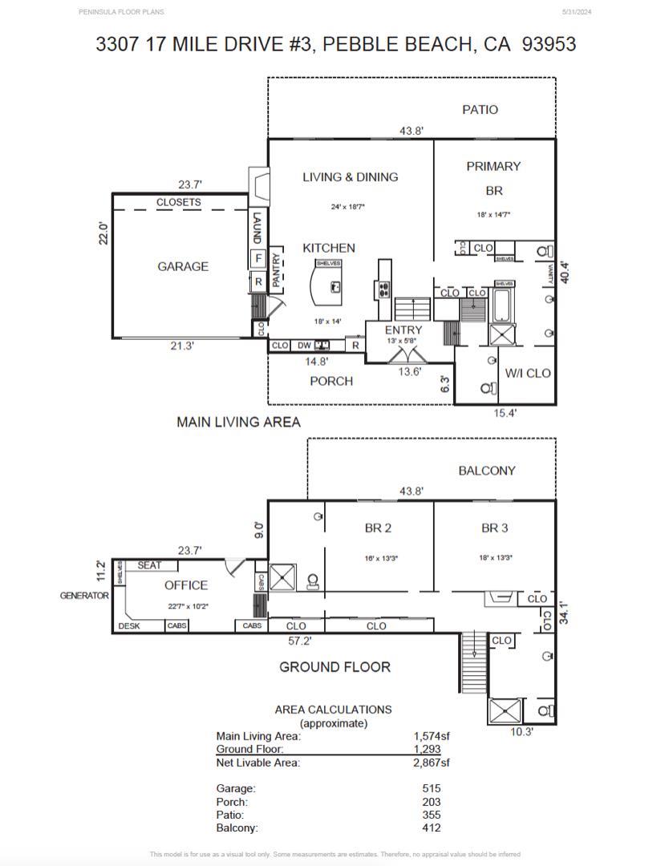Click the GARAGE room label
tap(182, 266)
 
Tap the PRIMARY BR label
tap(493, 178)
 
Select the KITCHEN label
tap(328, 248)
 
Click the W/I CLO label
tap(527, 373)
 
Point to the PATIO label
tap(480, 109)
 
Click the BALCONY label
tap(486, 471)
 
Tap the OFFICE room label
tap(186, 585)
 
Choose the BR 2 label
tap(377, 528)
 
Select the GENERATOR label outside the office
tap(83, 596)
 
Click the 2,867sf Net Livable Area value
tap(432, 763)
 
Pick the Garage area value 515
tap(431, 788)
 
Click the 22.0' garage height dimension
tap(103, 233)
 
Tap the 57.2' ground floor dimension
tap(300, 641)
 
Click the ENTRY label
tap(403, 330)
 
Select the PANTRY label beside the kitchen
tap(276, 270)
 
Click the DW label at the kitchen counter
tap(303, 346)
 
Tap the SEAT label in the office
tap(149, 565)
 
